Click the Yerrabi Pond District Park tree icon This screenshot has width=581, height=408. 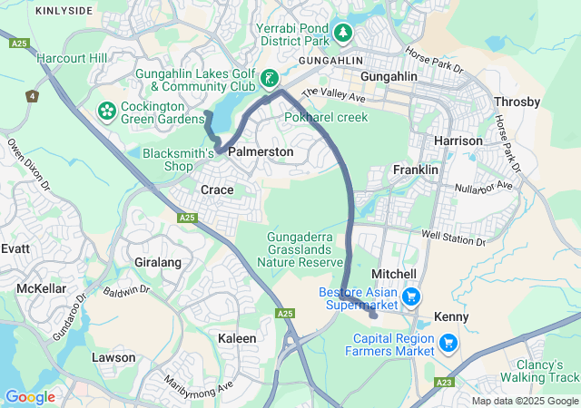pos(342,34)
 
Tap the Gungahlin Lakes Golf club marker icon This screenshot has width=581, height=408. pos(269,79)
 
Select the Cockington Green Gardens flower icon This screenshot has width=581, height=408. pos(106,112)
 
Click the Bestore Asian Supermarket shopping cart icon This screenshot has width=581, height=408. pos(410,296)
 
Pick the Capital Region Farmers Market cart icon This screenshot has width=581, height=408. pos(448,343)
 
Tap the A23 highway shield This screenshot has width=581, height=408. pos(444,383)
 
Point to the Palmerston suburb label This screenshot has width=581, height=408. pos(261,152)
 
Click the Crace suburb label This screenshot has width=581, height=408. pos(217,189)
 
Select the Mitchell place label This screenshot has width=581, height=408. pos(394,274)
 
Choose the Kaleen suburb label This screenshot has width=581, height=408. pos(237,338)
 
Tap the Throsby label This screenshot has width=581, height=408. pos(517,102)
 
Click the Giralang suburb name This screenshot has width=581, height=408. pos(157,262)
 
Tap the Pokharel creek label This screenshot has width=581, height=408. pos(326,118)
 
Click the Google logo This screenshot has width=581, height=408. pos(30,396)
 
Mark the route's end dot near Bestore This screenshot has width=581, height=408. pos(374,316)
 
